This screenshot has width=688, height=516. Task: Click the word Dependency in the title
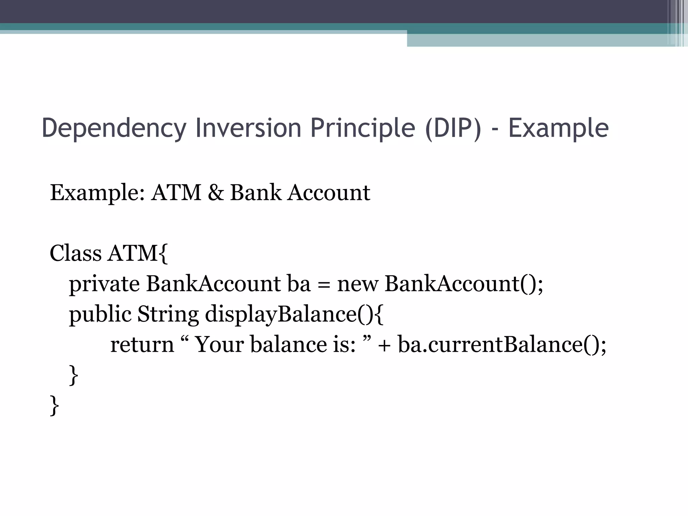(x=114, y=128)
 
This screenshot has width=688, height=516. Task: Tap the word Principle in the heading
(x=363, y=128)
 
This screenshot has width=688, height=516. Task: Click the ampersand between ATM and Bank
(x=215, y=192)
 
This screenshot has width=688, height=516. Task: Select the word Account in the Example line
(x=329, y=192)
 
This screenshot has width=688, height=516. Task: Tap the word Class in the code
(x=75, y=253)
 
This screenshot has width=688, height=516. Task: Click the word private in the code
(x=104, y=284)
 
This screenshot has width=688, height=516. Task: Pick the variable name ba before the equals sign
(x=299, y=284)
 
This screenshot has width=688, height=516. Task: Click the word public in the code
(x=100, y=314)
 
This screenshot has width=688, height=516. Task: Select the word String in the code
(x=168, y=314)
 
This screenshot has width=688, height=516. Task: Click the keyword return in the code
(x=142, y=345)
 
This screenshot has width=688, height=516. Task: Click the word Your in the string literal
(x=219, y=345)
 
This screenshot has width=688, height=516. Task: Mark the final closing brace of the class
(x=54, y=405)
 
